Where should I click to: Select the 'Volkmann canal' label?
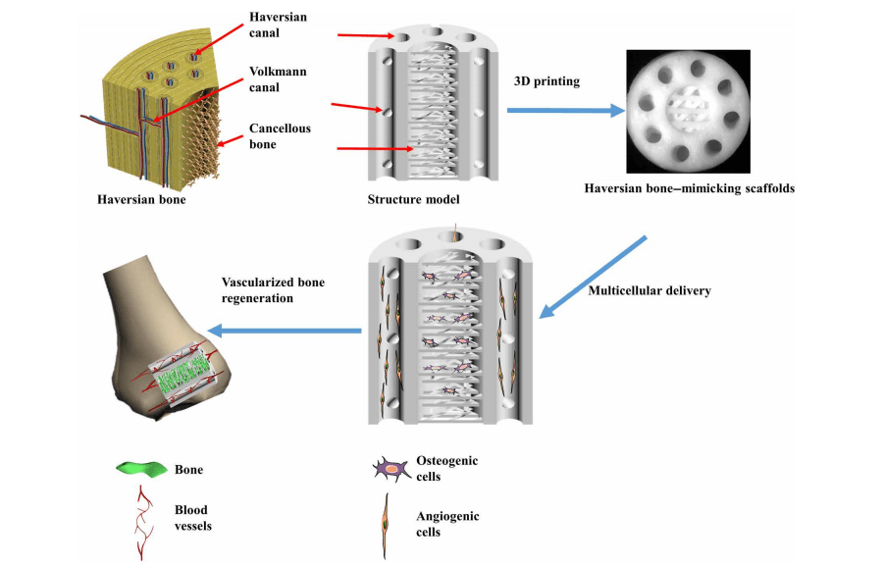point(278,78)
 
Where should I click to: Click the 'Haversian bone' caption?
point(141,200)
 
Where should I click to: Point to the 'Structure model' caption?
point(413,200)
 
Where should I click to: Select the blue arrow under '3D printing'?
point(565,111)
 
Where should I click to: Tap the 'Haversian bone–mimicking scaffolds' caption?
point(689,188)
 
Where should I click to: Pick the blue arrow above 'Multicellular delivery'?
point(595,276)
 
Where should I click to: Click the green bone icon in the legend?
point(139,470)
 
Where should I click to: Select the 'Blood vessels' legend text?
point(192,518)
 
